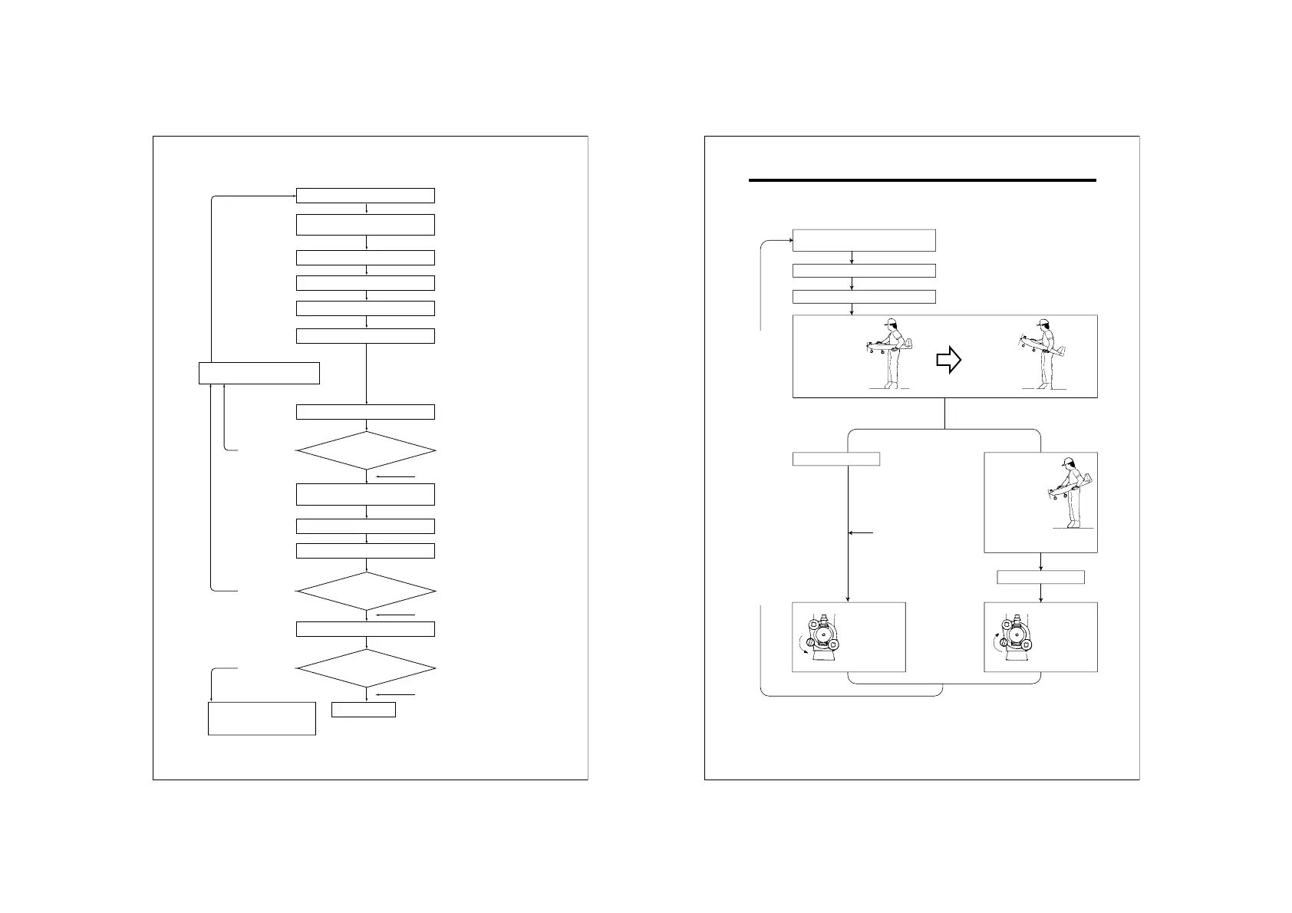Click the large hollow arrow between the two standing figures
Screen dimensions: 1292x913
tap(949, 359)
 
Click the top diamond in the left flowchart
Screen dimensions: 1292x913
tap(366, 450)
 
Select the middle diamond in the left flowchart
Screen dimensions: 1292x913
tap(366, 592)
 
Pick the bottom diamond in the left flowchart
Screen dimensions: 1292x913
tap(366, 668)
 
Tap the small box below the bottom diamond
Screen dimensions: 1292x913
tap(364, 710)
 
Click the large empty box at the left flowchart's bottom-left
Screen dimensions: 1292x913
tap(262, 718)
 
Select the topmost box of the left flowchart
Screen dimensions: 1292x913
tap(365, 195)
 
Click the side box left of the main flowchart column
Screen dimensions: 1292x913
tap(259, 373)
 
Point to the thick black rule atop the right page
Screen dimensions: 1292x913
tap(921, 181)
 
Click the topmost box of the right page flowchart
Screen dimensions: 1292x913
tap(864, 239)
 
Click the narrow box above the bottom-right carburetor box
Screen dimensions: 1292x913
tap(1040, 577)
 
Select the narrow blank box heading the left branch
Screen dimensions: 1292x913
tap(836, 459)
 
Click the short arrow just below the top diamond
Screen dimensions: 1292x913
tap(396, 477)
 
